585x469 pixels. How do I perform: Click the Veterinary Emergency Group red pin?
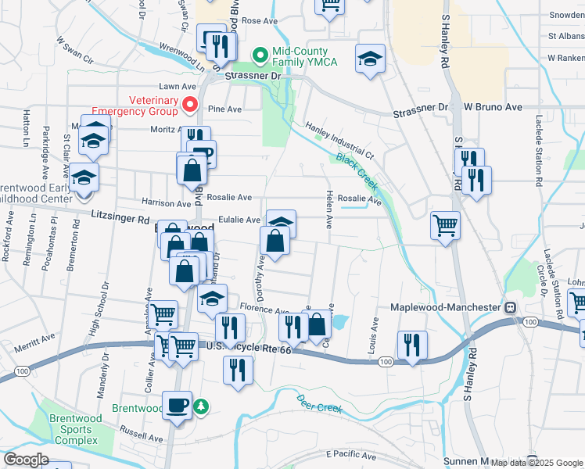pos(188,104)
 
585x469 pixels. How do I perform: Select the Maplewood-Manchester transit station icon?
pos(511,309)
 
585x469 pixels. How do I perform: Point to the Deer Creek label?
pos(321,403)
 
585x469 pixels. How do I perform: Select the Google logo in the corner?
pos(27,460)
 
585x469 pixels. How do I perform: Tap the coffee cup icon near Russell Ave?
pos(177,405)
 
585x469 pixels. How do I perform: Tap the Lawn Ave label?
pos(177,87)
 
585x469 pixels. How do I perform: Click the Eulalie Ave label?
pos(239,220)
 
